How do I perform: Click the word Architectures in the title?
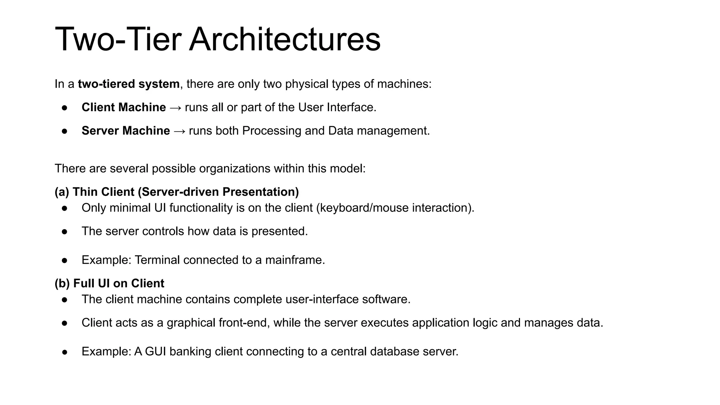pyautogui.click(x=285, y=39)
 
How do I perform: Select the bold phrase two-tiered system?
pyautogui.click(x=129, y=84)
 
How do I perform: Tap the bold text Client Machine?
pyautogui.click(x=124, y=107)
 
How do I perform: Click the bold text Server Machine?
pyautogui.click(x=126, y=131)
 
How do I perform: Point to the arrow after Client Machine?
pyautogui.click(x=175, y=108)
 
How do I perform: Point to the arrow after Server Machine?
pyautogui.click(x=179, y=131)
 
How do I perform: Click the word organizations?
pyautogui.click(x=235, y=168)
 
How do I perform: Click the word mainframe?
pyautogui.click(x=294, y=260)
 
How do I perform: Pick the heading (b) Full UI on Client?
pyautogui.click(x=109, y=283)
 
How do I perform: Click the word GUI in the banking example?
pyautogui.click(x=155, y=352)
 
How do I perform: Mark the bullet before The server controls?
pyautogui.click(x=64, y=232)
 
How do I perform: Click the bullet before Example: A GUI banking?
pyautogui.click(x=64, y=352)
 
